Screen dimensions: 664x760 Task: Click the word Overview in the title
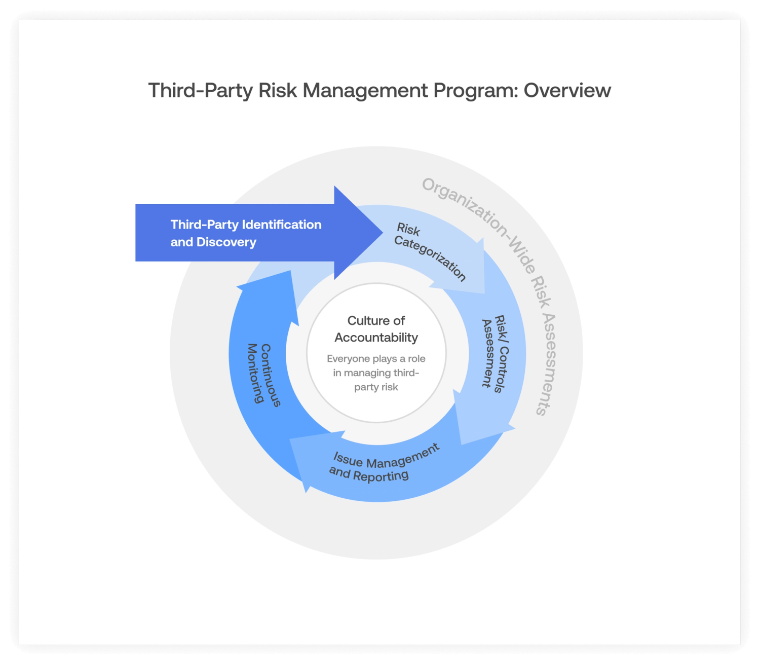567,91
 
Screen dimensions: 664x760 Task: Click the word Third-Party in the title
200,91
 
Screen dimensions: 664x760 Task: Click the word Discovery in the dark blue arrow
226,242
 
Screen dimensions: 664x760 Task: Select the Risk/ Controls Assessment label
494,353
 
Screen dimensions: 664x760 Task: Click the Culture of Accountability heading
376,329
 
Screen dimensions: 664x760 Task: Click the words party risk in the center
376,387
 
